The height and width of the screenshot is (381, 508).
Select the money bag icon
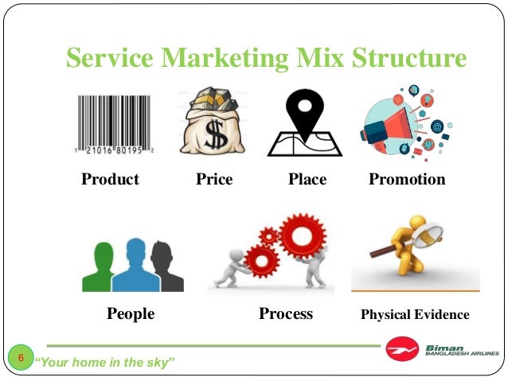pos(213,121)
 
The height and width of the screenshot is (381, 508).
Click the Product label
pos(110,180)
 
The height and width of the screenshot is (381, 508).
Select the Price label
pos(214,180)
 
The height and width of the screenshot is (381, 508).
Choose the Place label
pos(307,180)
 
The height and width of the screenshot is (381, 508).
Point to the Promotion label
pos(407,180)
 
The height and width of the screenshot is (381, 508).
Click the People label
pos(131,314)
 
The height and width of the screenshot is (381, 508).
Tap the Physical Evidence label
pos(415,315)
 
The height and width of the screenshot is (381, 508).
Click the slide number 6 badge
pos(21,357)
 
